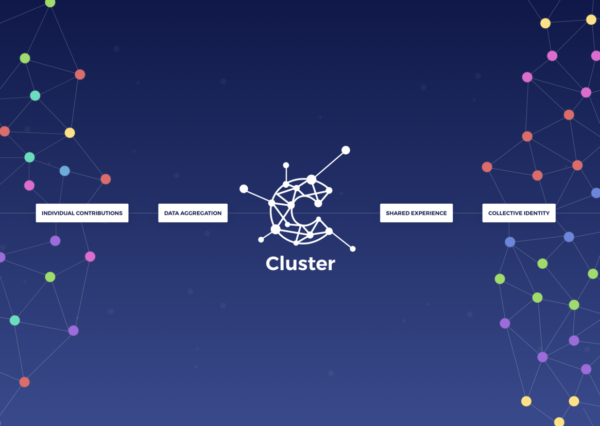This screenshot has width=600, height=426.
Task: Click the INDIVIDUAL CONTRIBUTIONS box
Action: pos(82,213)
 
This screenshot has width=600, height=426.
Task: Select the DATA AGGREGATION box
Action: pos(193,213)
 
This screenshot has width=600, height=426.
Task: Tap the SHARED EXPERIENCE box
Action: pos(416,213)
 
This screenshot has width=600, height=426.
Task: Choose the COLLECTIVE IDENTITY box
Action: pos(519,213)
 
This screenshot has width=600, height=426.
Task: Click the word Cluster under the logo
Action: pos(300,264)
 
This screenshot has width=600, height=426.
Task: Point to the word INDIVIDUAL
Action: pos(58,213)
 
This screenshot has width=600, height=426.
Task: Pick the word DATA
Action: pos(171,213)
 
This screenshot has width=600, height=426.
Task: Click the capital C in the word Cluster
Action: pos(273,264)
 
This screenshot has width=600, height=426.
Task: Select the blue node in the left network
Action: pos(64,171)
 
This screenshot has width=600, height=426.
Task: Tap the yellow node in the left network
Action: pos(70,133)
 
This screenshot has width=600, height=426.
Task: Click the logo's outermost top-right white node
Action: pos(346,150)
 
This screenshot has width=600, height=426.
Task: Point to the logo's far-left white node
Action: pos(244,189)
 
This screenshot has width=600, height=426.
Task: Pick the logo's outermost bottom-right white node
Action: pos(353,249)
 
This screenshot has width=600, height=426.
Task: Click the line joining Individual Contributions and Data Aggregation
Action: pos(143,213)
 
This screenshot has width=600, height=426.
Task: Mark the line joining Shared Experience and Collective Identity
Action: pos(468,213)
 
